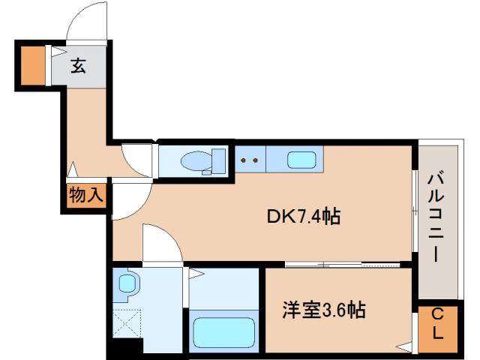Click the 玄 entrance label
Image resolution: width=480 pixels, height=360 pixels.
click(x=78, y=66)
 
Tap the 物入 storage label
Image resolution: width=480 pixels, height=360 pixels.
click(x=86, y=196)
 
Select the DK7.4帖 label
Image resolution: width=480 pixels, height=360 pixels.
click(x=304, y=217)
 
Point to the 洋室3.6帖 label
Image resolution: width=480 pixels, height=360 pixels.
click(x=324, y=310)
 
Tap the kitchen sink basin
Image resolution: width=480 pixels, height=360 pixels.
click(x=302, y=159)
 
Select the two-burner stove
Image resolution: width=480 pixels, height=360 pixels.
click(x=250, y=159)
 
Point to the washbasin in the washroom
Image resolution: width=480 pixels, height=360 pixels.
click(x=127, y=283)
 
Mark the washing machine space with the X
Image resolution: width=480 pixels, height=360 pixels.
click(x=126, y=322)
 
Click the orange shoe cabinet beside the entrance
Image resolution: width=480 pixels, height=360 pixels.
click(x=32, y=66)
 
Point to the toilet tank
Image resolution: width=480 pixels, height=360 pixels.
click(x=219, y=160)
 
